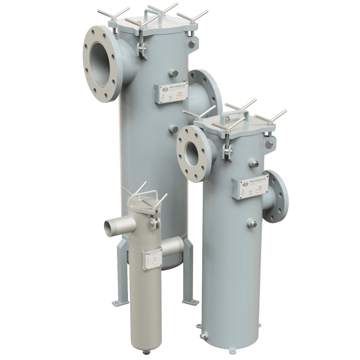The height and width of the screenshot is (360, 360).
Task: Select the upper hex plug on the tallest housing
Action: pyautogui.click(x=174, y=73)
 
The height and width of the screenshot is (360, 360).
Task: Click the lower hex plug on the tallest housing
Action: pyautogui.click(x=173, y=128)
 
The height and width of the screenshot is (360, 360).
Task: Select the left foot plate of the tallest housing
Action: pyautogui.click(x=117, y=301)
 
